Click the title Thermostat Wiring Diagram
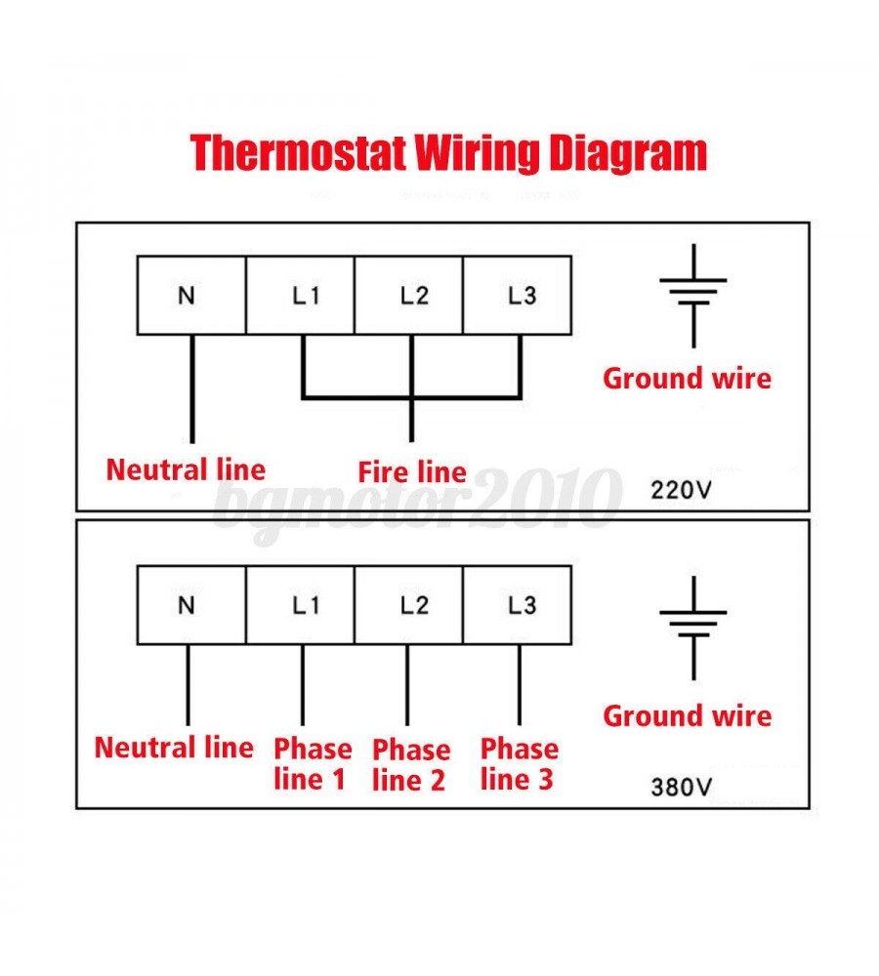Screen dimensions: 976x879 click(448, 153)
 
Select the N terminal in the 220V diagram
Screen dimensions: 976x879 click(190, 295)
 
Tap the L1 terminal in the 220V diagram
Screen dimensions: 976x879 click(300, 295)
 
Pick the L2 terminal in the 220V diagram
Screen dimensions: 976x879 click(408, 295)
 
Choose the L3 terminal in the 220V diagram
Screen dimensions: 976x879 click(517, 295)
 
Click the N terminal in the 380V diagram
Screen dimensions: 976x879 click(190, 605)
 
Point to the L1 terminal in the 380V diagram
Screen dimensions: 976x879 click(300, 605)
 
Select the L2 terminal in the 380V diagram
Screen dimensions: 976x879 click(408, 605)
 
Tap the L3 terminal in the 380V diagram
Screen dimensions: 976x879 click(517, 605)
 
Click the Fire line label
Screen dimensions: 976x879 click(411, 472)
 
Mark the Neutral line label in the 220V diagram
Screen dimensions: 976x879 click(186, 469)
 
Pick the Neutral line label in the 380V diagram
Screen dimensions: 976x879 click(174, 749)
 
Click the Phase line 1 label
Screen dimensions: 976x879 click(312, 764)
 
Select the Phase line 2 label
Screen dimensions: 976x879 click(411, 765)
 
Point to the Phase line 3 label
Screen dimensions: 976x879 click(519, 764)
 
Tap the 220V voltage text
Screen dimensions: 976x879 click(682, 489)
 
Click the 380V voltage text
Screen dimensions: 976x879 click(682, 786)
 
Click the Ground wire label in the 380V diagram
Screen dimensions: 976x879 click(687, 716)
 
